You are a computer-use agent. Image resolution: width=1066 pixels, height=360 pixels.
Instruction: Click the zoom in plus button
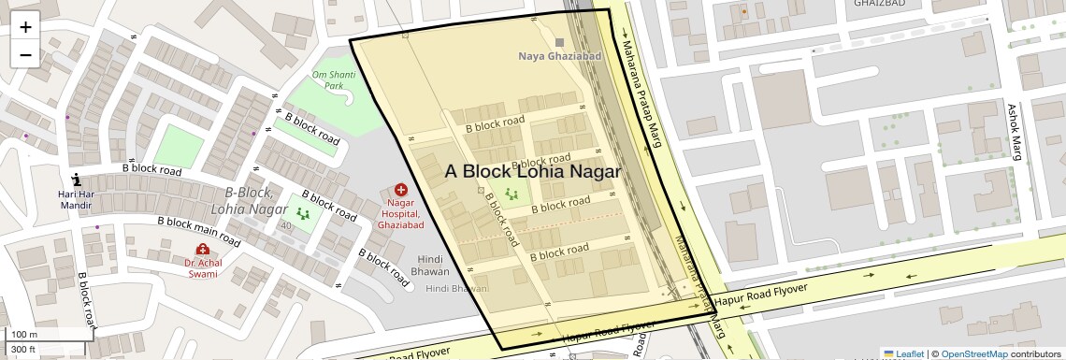(25, 27)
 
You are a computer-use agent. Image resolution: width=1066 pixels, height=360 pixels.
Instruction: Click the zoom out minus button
(25, 55)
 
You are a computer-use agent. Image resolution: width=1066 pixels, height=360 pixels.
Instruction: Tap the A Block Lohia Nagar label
(532, 171)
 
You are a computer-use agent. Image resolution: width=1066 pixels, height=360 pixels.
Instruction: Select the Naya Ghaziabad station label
(559, 56)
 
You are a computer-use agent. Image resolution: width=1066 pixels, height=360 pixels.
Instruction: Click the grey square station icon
(560, 42)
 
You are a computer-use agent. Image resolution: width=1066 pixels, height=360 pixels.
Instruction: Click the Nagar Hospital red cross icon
(401, 190)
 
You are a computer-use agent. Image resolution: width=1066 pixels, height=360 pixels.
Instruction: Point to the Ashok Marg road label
(1013, 131)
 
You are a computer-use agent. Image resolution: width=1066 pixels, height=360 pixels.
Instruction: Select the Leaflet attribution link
(903, 353)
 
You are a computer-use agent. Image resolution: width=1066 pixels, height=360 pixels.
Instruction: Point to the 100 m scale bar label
(23, 334)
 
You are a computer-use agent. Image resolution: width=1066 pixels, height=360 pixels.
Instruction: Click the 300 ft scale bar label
(22, 350)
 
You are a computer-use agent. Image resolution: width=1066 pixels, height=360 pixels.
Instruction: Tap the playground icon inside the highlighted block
(511, 193)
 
